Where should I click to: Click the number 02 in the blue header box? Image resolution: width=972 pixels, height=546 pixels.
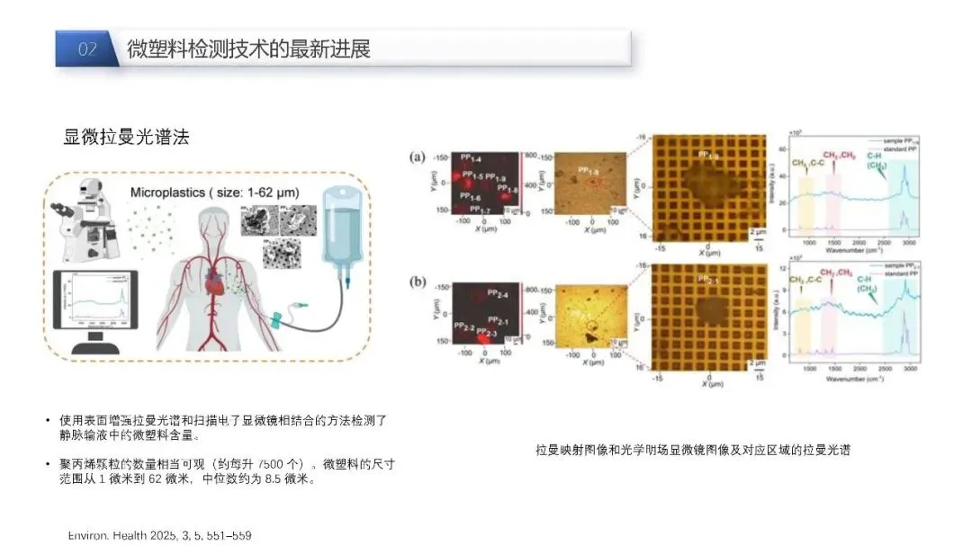[87, 49]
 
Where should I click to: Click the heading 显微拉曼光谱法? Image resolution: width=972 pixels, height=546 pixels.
[126, 138]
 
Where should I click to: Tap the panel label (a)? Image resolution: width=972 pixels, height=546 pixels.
[418, 157]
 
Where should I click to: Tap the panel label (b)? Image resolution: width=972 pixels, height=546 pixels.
[418, 281]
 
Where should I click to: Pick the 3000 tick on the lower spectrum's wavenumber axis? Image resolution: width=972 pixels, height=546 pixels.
[910, 369]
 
